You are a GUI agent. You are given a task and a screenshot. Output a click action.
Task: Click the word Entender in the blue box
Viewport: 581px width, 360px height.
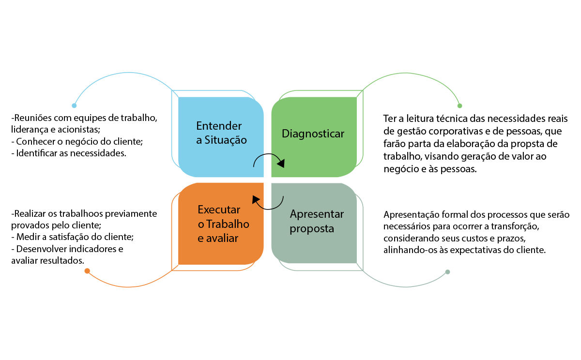(x=219, y=126)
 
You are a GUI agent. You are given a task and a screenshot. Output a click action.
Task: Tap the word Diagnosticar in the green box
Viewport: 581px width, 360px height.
(x=313, y=134)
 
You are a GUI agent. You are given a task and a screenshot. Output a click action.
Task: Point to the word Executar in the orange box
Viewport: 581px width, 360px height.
(x=219, y=210)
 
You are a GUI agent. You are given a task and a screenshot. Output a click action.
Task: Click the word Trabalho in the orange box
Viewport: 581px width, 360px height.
(x=228, y=224)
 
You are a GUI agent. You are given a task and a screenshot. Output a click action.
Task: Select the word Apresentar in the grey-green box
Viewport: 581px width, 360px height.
(x=317, y=214)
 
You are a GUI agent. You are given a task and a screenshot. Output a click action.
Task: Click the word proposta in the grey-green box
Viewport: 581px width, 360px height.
(x=312, y=228)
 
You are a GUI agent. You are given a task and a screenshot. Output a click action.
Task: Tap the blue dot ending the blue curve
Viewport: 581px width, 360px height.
(x=74, y=105)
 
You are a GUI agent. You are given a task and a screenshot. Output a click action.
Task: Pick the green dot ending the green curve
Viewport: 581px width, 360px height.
(x=460, y=105)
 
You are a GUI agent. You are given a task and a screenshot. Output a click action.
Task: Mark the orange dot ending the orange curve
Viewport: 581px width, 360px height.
(x=87, y=271)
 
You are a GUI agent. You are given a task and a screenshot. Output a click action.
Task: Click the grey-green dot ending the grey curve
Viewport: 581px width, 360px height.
(x=448, y=272)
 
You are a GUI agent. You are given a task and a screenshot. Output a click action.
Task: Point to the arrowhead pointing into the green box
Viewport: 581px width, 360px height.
(x=281, y=164)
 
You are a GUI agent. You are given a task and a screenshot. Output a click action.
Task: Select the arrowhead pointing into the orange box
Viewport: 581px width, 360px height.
(x=255, y=198)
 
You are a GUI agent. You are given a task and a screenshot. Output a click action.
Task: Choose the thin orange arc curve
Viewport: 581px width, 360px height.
(x=128, y=287)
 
